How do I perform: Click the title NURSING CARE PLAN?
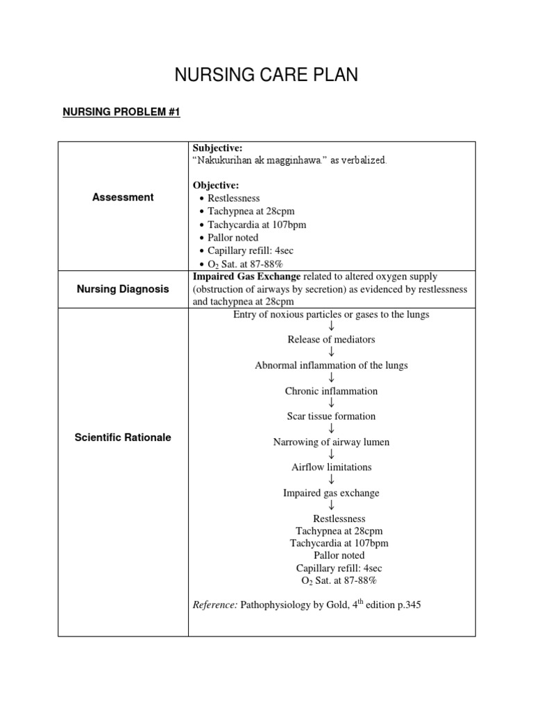266,76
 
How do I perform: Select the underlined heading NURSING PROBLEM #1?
121,112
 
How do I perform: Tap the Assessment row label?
123,197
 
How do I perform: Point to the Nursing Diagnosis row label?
123,289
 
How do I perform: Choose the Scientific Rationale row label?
123,438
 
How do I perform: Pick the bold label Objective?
215,186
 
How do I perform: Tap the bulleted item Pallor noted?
233,238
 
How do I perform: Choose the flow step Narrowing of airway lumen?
332,442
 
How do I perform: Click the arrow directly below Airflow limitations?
332,480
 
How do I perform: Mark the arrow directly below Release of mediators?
332,352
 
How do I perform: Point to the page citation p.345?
406,605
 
